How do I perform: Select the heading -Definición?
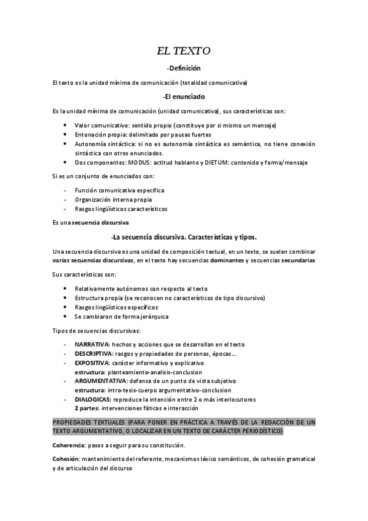(184, 68)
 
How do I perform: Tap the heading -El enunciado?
(184, 97)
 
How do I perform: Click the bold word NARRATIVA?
(92, 345)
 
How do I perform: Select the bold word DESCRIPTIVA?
(93, 355)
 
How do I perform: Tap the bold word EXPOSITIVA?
(92, 363)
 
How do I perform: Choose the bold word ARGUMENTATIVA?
(98, 381)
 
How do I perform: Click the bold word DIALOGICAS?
(92, 399)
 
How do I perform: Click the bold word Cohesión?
(67, 458)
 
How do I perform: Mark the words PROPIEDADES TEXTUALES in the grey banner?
(90, 423)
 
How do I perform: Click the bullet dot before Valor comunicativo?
(66, 125)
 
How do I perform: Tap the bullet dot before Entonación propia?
(66, 135)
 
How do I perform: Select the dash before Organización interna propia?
(65, 200)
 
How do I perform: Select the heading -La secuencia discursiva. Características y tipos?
(184, 237)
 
